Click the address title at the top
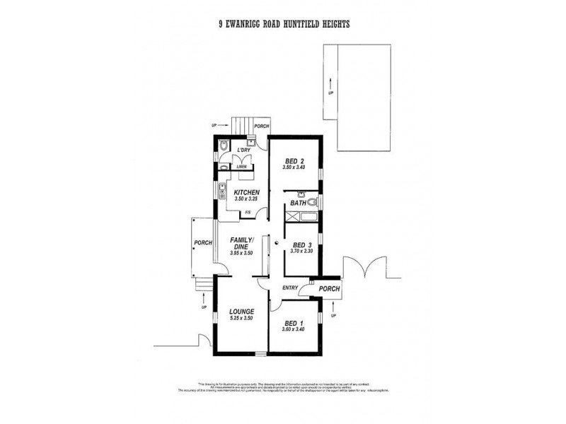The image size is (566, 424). [284, 23]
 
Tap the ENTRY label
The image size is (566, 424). [290, 288]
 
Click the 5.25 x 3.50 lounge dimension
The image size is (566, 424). [242, 319]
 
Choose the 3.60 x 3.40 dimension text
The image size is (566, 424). [292, 329]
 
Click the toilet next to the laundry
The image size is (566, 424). [223, 148]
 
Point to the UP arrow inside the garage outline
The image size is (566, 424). [330, 84]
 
